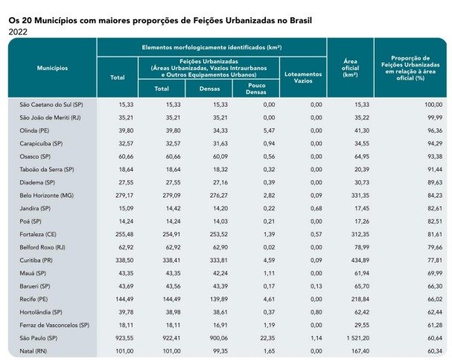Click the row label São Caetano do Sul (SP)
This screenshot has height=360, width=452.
[51, 104]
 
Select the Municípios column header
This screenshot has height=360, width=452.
[52, 68]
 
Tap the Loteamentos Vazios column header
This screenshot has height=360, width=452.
[303, 78]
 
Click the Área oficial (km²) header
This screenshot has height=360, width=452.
[351, 68]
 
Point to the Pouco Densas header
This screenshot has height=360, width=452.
[256, 89]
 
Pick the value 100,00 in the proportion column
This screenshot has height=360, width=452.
[433, 104]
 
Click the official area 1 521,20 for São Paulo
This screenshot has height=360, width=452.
[358, 338]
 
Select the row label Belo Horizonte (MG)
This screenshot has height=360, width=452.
[47, 195]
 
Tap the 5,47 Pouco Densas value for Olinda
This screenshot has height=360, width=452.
[269, 130]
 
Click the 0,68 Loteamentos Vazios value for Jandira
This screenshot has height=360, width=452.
[316, 208]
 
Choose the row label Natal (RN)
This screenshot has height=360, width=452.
[34, 351]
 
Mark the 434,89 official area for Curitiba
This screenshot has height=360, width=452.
[360, 260]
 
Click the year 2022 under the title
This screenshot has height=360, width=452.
[18, 32]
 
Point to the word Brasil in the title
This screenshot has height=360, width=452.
[301, 21]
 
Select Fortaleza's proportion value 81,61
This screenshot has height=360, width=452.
[435, 234]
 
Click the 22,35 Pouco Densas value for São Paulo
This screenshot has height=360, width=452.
[267, 338]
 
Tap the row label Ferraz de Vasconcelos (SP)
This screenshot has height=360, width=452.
[54, 325]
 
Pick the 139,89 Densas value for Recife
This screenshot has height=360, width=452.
[219, 299]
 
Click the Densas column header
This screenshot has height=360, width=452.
[209, 89]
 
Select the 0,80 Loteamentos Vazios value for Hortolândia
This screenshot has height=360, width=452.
[316, 312]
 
